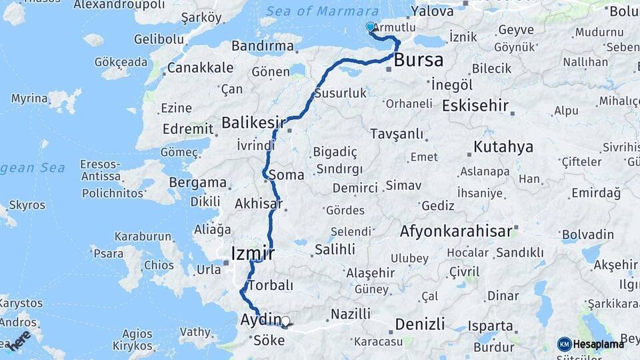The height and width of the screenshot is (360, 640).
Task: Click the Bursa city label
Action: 419,60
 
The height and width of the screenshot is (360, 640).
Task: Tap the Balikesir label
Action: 253,123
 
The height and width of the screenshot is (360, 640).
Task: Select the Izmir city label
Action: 253,253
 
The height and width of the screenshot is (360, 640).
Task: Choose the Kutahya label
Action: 503,147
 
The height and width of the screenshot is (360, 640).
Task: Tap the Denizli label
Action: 419,325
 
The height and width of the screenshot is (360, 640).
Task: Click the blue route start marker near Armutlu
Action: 371,27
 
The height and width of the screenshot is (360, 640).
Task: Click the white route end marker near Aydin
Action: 285,321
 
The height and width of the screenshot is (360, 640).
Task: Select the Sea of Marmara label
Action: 322,11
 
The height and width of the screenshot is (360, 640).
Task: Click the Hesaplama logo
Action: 591,344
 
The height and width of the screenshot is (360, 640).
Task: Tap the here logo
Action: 21,339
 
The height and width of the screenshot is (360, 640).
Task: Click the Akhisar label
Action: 258,204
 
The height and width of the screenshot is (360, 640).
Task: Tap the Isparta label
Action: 491,327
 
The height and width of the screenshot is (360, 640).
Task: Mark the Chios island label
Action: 159,265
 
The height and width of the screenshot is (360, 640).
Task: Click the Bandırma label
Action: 263,46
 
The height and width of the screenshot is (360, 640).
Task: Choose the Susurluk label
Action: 340,93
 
